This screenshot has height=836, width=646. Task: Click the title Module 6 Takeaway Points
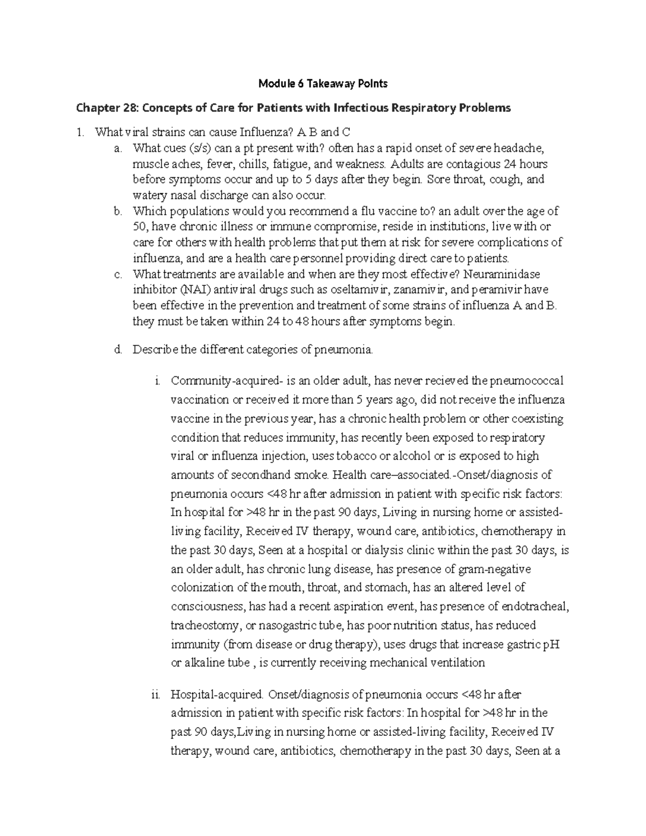(x=322, y=83)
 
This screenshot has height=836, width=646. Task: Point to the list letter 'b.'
(x=118, y=211)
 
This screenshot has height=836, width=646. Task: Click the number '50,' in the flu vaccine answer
(x=142, y=227)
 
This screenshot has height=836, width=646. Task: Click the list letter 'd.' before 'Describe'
(x=118, y=350)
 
